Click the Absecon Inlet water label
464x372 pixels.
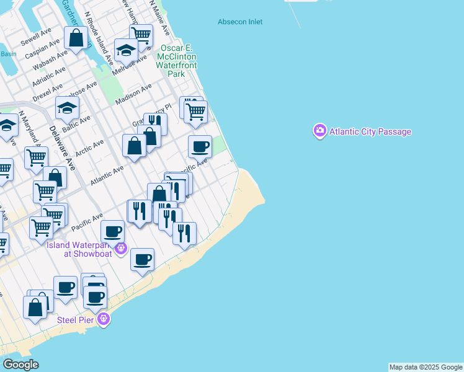click(x=239, y=22)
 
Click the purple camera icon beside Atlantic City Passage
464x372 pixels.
click(x=319, y=131)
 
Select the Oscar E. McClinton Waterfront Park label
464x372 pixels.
click(x=178, y=61)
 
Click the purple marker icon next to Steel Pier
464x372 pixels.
click(x=103, y=319)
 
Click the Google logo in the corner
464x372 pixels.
click(x=21, y=365)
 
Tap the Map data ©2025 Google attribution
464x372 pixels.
click(x=426, y=367)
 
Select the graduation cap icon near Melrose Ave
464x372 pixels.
click(x=126, y=50)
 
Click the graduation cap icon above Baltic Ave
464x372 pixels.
click(x=67, y=108)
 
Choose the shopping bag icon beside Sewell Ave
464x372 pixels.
click(x=76, y=38)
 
